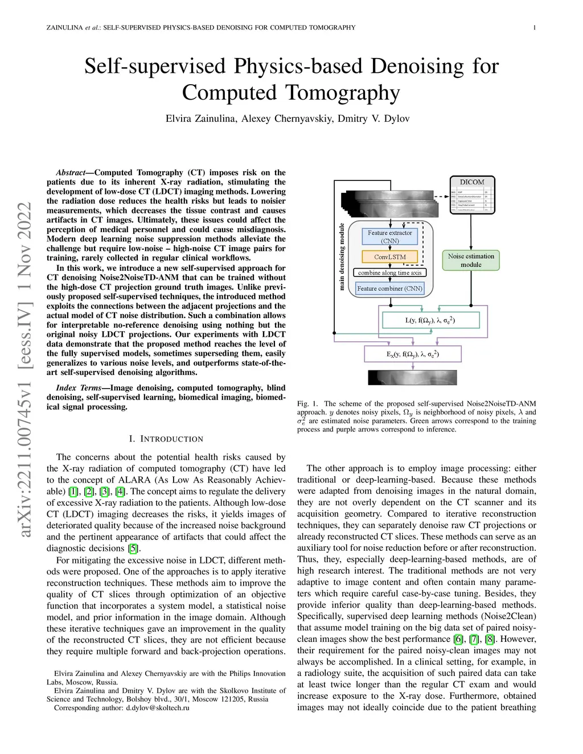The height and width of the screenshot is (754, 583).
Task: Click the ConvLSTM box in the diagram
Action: click(389, 257)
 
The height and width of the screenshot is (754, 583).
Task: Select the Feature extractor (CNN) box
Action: click(389, 236)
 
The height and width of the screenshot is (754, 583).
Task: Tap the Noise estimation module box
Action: click(471, 260)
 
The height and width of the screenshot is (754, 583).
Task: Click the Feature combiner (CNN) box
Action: click(389, 289)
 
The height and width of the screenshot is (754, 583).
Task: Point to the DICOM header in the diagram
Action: click(472, 182)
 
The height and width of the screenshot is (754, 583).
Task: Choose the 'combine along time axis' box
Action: click(389, 273)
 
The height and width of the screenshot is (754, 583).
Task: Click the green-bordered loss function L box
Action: click(430, 320)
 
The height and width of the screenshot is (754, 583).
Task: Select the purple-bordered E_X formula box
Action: click(412, 354)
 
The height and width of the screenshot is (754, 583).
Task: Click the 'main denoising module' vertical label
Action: click(342, 257)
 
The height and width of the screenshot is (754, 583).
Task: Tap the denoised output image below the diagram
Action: click(412, 378)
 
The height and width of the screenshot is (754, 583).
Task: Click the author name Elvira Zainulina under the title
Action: click(200, 119)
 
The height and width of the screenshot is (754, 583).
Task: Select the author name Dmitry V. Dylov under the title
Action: click(373, 119)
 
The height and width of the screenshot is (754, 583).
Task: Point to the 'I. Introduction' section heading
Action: click(166, 439)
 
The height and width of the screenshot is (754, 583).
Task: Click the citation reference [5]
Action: click(133, 549)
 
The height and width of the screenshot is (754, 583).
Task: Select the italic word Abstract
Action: click(71, 172)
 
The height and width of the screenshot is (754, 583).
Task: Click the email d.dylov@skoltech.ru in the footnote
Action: click(158, 708)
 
